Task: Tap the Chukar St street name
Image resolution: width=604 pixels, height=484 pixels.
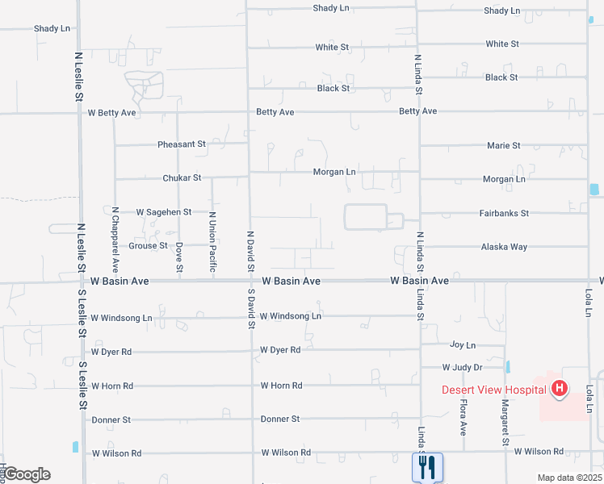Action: (181, 177)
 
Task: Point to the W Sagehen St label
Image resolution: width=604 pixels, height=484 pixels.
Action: (163, 211)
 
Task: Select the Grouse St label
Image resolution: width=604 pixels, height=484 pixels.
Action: (148, 245)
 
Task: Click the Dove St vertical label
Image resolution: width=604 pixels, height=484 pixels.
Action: (179, 257)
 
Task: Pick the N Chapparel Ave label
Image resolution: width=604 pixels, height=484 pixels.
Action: (115, 238)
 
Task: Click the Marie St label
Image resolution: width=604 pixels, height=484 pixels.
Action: (504, 145)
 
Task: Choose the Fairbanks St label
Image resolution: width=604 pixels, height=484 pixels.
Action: (505, 213)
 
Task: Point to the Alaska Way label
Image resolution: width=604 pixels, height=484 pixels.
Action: (504, 247)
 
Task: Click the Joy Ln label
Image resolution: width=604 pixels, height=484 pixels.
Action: (463, 344)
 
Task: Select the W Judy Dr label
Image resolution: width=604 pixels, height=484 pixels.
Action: (461, 367)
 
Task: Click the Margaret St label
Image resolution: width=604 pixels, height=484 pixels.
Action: (505, 422)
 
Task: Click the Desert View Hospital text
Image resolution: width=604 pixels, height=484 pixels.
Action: (494, 390)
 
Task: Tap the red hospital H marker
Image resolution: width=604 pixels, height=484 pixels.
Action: (559, 390)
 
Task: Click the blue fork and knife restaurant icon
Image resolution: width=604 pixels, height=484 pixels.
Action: (427, 467)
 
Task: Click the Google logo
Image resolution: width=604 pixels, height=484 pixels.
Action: (26, 474)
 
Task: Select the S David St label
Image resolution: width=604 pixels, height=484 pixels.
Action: (251, 308)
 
